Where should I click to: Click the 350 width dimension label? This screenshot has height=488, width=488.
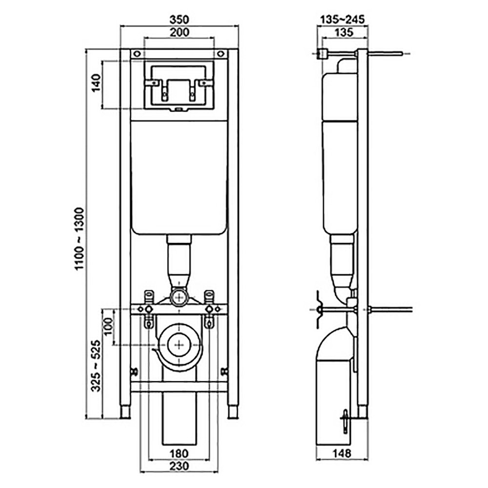(x=179, y=20)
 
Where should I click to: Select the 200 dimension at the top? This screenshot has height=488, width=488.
(x=180, y=32)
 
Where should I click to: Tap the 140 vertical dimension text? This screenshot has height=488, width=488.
(x=96, y=82)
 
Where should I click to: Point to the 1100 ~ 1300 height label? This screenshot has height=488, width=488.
(x=80, y=239)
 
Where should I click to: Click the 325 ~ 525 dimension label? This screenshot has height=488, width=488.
(x=96, y=366)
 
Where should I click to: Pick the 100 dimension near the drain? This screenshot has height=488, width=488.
(x=108, y=326)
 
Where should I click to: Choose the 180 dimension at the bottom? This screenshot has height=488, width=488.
(x=179, y=453)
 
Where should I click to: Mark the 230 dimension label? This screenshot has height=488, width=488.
(x=180, y=466)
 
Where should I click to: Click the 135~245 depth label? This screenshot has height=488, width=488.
(x=343, y=20)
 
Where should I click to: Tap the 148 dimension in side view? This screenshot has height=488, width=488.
(x=342, y=453)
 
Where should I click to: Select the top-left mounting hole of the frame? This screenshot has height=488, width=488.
(x=137, y=54)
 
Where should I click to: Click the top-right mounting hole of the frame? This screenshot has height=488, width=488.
(x=221, y=54)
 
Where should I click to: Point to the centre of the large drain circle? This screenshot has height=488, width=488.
(x=180, y=345)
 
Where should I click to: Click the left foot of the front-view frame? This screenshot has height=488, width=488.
(x=125, y=412)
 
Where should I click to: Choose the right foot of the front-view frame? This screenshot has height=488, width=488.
(x=233, y=412)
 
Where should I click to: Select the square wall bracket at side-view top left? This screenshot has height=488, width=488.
(x=323, y=54)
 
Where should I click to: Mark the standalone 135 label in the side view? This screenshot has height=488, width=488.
(x=344, y=32)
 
